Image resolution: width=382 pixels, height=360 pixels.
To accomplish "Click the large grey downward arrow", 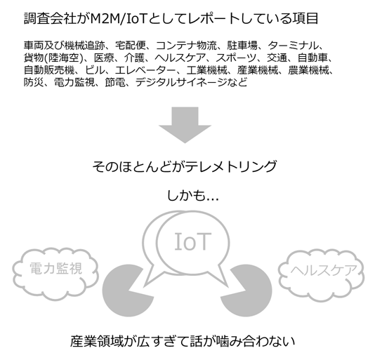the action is point(185,124).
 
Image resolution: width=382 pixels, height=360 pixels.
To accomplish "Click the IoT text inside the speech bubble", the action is point(192,241).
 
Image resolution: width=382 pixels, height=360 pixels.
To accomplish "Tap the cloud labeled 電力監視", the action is point(55,274).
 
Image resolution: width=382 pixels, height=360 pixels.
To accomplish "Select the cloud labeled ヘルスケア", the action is point(322,275).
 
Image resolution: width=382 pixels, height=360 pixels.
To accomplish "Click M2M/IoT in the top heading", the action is point(118,19).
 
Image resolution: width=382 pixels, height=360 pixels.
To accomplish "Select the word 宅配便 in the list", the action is point(131,46).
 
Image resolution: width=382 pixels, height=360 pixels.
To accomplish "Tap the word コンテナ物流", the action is point(186,46).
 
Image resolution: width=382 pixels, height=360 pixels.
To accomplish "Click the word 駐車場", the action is point(242,46).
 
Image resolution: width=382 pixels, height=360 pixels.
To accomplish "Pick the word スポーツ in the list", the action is point(236,58).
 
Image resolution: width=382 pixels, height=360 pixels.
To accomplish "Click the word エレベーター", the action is point(145,70).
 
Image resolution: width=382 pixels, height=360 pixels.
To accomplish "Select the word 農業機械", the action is point(308,70).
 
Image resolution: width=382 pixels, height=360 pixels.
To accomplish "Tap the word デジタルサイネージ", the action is point(181,83).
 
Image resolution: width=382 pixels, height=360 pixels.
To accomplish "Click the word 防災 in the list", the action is point(34,83).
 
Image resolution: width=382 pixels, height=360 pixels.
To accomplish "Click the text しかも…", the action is point(192,196).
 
